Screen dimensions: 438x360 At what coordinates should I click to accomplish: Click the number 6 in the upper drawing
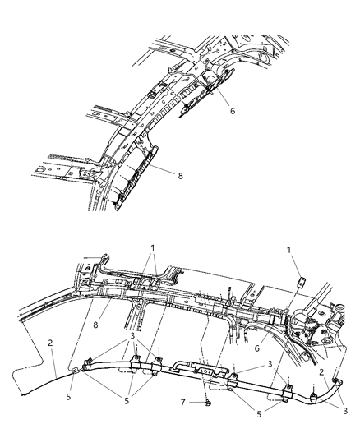click(x=232, y=109)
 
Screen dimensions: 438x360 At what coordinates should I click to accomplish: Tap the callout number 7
click(x=186, y=402)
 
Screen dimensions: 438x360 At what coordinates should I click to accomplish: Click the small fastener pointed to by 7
click(x=208, y=402)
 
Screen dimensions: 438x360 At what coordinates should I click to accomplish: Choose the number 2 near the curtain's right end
click(x=321, y=373)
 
